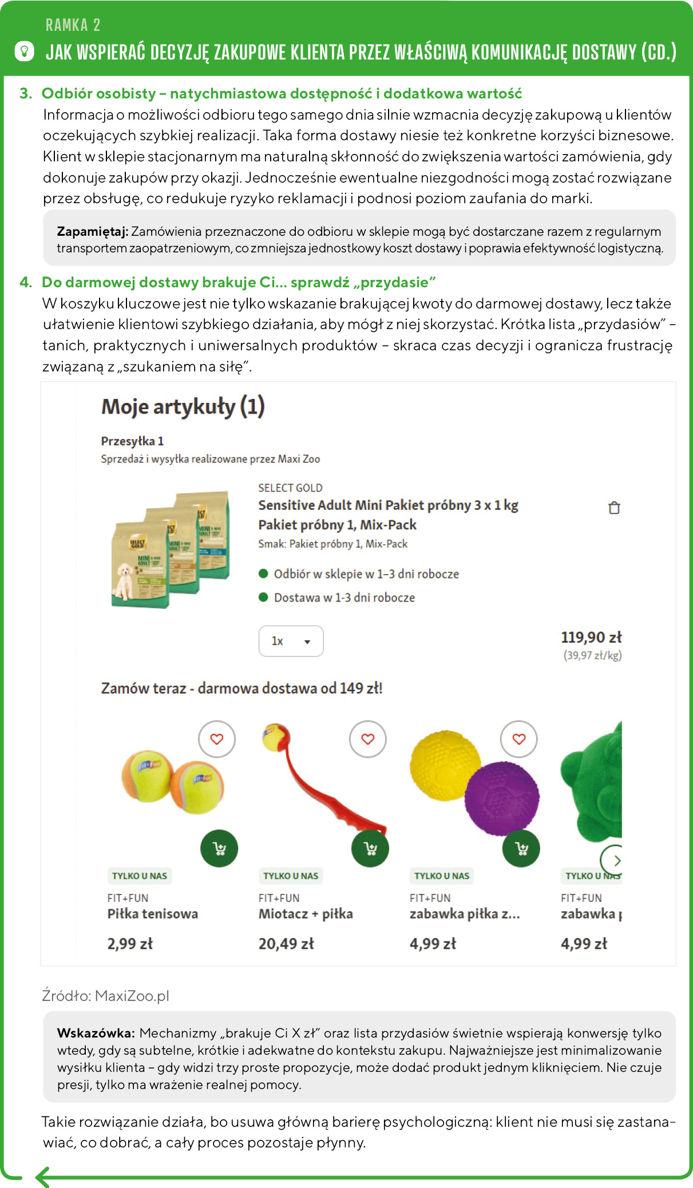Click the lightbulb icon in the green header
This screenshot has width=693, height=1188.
pos(24,52)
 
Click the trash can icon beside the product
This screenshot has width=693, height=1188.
pos(614,508)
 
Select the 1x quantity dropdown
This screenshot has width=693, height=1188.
pos(291,641)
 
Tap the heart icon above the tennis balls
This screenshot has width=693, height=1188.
pos(217,739)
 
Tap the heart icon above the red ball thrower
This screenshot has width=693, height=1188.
pos(368,739)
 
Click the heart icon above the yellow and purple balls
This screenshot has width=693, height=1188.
pos(519,739)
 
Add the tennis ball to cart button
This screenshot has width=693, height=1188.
pos(219,848)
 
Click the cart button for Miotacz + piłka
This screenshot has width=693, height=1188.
pos(370,848)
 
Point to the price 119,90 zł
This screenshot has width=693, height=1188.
pos(591,637)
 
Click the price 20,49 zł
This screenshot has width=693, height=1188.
pos(286,944)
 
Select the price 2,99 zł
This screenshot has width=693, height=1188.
pos(130,944)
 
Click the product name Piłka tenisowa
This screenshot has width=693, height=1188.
pos(153,914)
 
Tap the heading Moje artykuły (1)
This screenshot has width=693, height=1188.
pos(183,407)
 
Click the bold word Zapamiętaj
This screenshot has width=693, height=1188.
pos(92,232)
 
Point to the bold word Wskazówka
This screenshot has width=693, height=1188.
pos(96,1033)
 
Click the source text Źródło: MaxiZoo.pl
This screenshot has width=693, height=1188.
pos(106,996)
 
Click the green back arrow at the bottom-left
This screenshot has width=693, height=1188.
pos(43,1177)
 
